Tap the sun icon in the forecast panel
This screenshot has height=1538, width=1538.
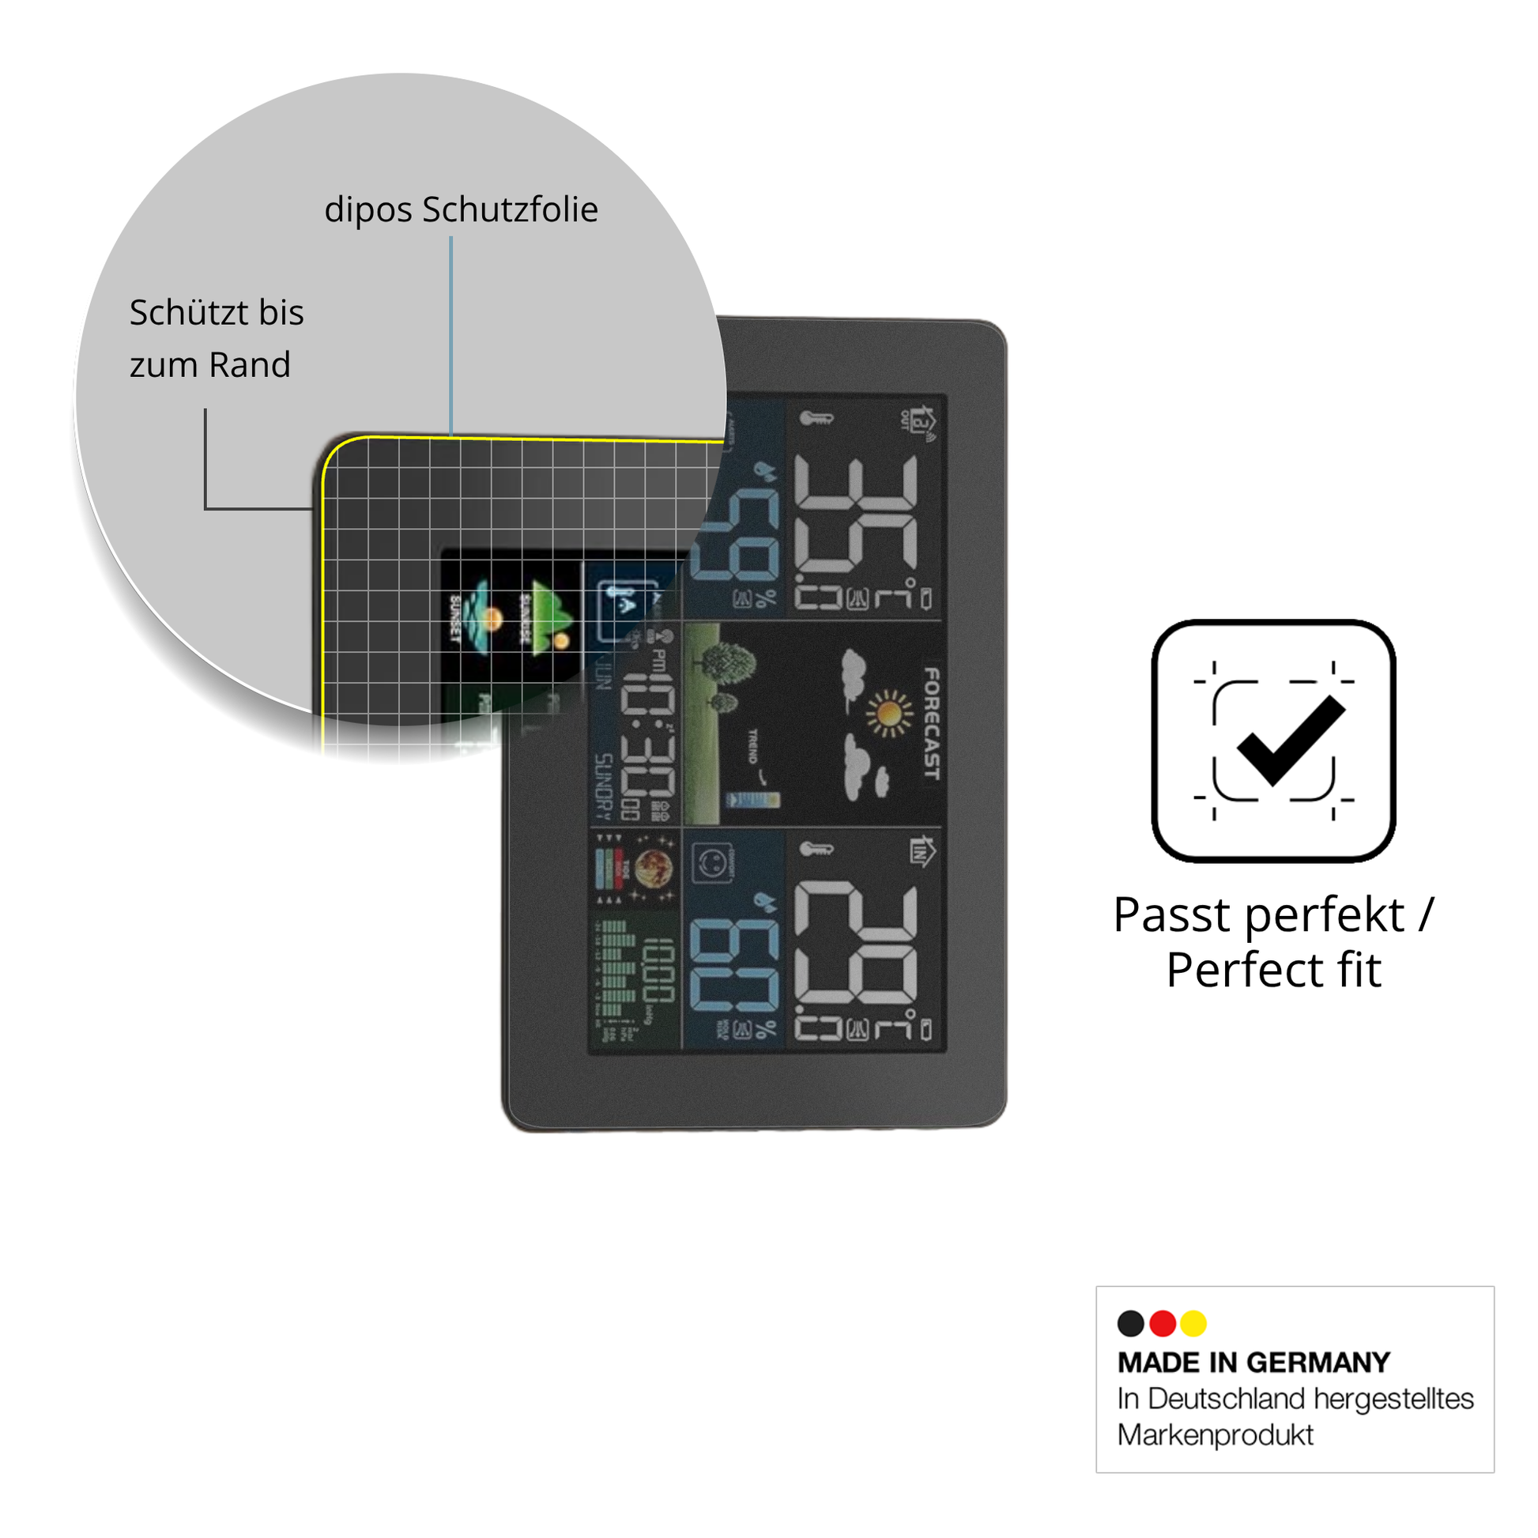pos(889,713)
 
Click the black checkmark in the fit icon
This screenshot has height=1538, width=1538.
pos(1291,740)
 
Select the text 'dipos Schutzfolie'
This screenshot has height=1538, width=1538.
pos(461,210)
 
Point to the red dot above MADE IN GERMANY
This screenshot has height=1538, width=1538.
pos(1163,1323)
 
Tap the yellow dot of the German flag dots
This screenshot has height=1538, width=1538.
pos(1193,1323)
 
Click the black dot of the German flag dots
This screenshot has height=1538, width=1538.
pos(1130,1323)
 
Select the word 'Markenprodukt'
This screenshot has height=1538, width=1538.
pos(1215,1435)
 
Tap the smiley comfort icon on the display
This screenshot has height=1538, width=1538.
pos(711,864)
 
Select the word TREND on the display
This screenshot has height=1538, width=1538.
pos(752,747)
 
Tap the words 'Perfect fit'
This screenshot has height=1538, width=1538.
pos(1273,971)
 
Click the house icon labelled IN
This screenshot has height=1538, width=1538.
pos(922,851)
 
